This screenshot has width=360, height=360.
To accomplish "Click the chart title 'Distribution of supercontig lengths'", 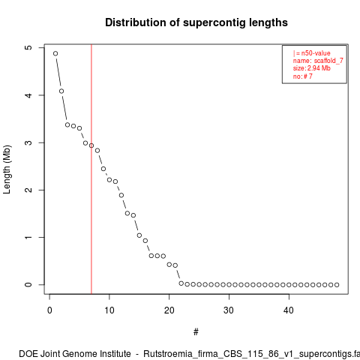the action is [x=196, y=22].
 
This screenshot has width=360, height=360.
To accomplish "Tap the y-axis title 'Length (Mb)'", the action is [x=7, y=169].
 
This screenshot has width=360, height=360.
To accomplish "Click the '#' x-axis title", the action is [x=196, y=332].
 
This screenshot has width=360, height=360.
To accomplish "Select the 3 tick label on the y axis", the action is [x=28, y=142].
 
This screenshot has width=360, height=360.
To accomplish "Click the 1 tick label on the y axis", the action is [x=28, y=237].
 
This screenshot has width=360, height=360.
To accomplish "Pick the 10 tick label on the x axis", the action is [x=109, y=310].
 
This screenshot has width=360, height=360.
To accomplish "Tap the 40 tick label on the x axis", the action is [x=289, y=310].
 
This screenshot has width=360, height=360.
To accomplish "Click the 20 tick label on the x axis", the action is [x=169, y=310].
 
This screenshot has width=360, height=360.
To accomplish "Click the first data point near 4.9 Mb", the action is [x=55, y=53].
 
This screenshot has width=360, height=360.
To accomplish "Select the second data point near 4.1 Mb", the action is [x=61, y=91].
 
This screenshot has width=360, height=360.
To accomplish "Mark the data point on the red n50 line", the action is [x=91, y=145].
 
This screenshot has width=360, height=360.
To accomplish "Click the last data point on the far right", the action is [x=337, y=285].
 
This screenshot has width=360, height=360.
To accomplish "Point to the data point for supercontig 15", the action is [x=139, y=235].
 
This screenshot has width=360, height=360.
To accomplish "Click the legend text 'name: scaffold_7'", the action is [x=318, y=61].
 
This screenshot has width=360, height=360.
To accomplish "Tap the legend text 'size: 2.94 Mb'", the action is [x=312, y=68].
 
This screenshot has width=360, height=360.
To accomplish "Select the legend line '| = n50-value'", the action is [x=312, y=53].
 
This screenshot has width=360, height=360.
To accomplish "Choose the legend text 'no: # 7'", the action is [x=303, y=76].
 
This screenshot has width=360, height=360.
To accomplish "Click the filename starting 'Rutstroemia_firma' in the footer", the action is [x=252, y=354].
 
